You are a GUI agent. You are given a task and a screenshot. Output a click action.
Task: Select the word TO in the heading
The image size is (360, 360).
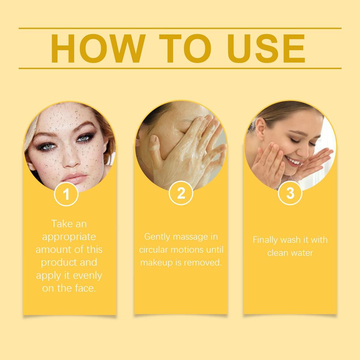pyautogui.click(x=185, y=49)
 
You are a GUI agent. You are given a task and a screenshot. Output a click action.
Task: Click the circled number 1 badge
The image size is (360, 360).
pyautogui.click(x=66, y=194)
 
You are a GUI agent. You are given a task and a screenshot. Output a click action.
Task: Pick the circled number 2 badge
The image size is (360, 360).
pyautogui.click(x=181, y=193)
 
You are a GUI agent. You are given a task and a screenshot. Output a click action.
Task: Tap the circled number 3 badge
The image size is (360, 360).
pyautogui.click(x=290, y=193)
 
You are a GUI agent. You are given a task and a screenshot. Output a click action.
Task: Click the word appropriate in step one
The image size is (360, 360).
pyautogui.click(x=69, y=237)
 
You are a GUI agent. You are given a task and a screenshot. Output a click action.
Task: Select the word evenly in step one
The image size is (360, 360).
pyautogui.click(x=86, y=276)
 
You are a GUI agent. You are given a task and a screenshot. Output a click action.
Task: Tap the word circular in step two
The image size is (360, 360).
pyautogui.click(x=154, y=250)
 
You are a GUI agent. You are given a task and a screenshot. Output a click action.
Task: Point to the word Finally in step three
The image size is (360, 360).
pyautogui.click(x=265, y=240)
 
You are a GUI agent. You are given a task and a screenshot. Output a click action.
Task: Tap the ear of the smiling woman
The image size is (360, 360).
pyautogui.click(x=260, y=128)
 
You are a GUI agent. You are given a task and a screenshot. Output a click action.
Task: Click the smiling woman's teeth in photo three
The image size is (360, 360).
pyautogui.click(x=293, y=162)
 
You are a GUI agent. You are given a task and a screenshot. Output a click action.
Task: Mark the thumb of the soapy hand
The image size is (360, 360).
pyautogui.click(x=154, y=148)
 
